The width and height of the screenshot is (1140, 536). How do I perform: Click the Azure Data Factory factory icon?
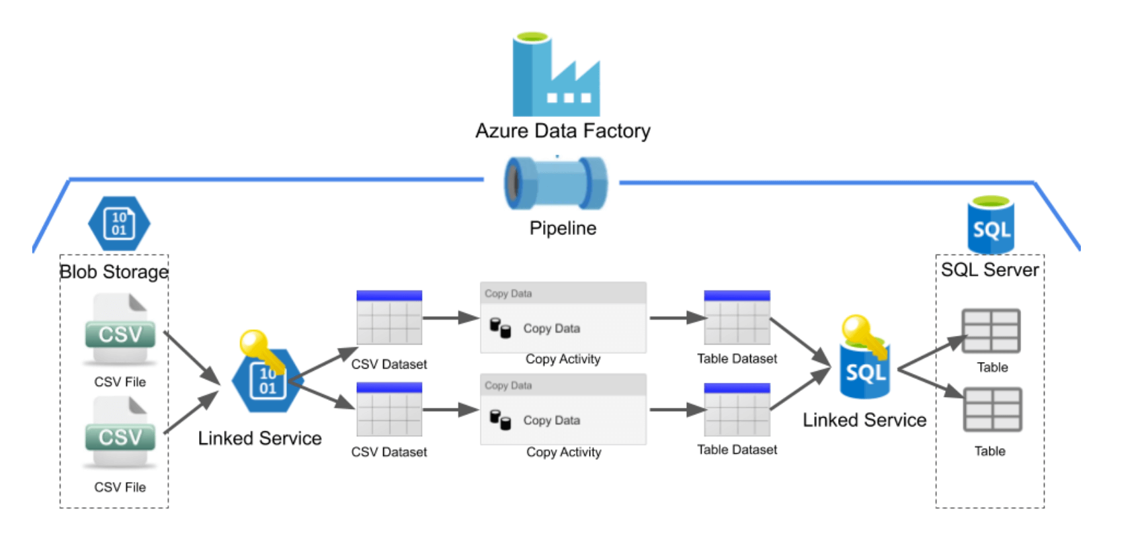(x=555, y=75)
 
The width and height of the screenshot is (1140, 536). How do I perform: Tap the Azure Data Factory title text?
(x=563, y=130)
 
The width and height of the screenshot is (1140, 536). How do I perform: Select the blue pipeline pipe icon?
(x=556, y=183)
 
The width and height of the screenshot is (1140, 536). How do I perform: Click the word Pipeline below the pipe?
(x=563, y=228)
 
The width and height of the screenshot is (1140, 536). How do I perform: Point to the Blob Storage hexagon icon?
(x=119, y=223)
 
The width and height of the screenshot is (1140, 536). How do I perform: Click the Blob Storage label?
(x=114, y=271)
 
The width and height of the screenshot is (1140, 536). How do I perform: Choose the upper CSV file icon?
(x=120, y=330)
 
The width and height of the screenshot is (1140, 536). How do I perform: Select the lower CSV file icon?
(x=120, y=433)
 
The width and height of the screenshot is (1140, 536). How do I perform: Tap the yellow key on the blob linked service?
(x=256, y=345)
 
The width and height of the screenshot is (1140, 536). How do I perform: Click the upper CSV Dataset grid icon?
(x=389, y=318)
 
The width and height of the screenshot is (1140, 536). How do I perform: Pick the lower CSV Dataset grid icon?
(x=389, y=410)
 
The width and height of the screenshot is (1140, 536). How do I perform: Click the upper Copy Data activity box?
(x=563, y=318)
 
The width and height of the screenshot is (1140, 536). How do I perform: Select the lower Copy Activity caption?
(x=563, y=452)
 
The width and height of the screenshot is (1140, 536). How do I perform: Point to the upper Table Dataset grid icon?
(x=737, y=318)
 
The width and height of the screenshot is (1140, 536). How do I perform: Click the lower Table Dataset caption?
(x=737, y=449)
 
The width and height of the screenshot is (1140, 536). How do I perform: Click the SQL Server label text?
(x=989, y=270)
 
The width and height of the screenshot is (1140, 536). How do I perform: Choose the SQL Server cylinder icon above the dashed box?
(x=990, y=225)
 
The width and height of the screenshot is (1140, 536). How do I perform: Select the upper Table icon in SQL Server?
(x=991, y=331)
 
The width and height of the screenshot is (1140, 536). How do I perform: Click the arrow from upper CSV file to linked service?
(x=192, y=358)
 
